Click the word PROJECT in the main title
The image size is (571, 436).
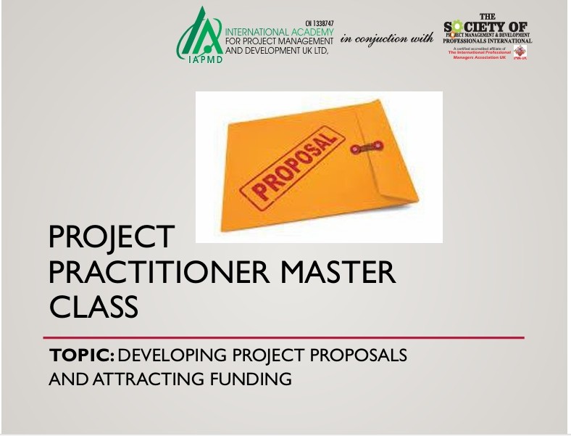coord(112,237)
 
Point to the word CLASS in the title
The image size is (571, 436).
coord(93,306)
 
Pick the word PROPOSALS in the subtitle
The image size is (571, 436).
coord(357,356)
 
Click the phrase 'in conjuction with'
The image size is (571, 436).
coord(387,38)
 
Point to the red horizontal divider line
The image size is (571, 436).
coord(283,337)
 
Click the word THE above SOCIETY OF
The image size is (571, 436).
coord(487,17)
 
